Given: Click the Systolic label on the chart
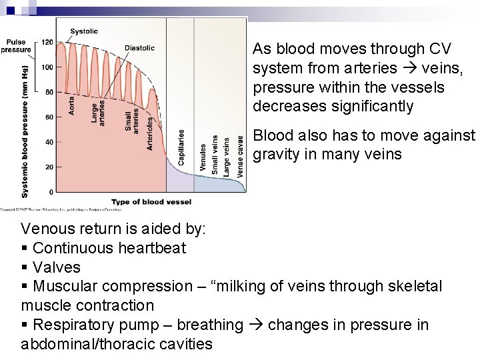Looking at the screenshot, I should click(84, 31).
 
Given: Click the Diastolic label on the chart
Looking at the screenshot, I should click(139, 48).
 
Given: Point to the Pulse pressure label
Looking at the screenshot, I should click(15, 46).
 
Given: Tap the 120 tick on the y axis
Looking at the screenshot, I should click(47, 43).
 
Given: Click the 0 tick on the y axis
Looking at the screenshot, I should click(51, 192).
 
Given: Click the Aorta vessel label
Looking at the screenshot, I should click(71, 105).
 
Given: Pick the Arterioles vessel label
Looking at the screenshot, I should click(150, 133).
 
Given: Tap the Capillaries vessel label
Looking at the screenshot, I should click(181, 147).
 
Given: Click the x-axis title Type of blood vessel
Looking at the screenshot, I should click(151, 202).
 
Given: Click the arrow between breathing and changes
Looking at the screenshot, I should click(255, 325).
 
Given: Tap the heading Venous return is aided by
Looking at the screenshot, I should click(113, 229).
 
